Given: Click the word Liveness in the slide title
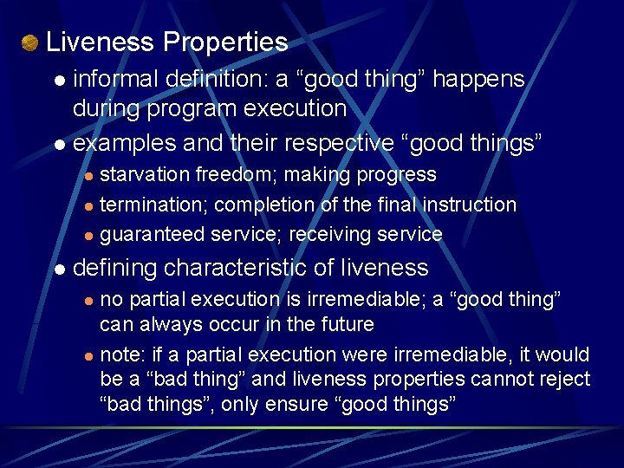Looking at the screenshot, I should (101, 42).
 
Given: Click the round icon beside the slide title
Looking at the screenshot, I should (30, 42).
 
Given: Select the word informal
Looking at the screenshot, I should (110, 79).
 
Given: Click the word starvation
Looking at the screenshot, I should (145, 174).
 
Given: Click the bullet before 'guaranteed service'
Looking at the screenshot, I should (87, 236).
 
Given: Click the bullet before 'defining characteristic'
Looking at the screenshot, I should (59, 270).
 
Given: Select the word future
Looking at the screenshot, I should (346, 325).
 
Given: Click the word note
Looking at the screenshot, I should (120, 354).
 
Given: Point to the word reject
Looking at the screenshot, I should (565, 379).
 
